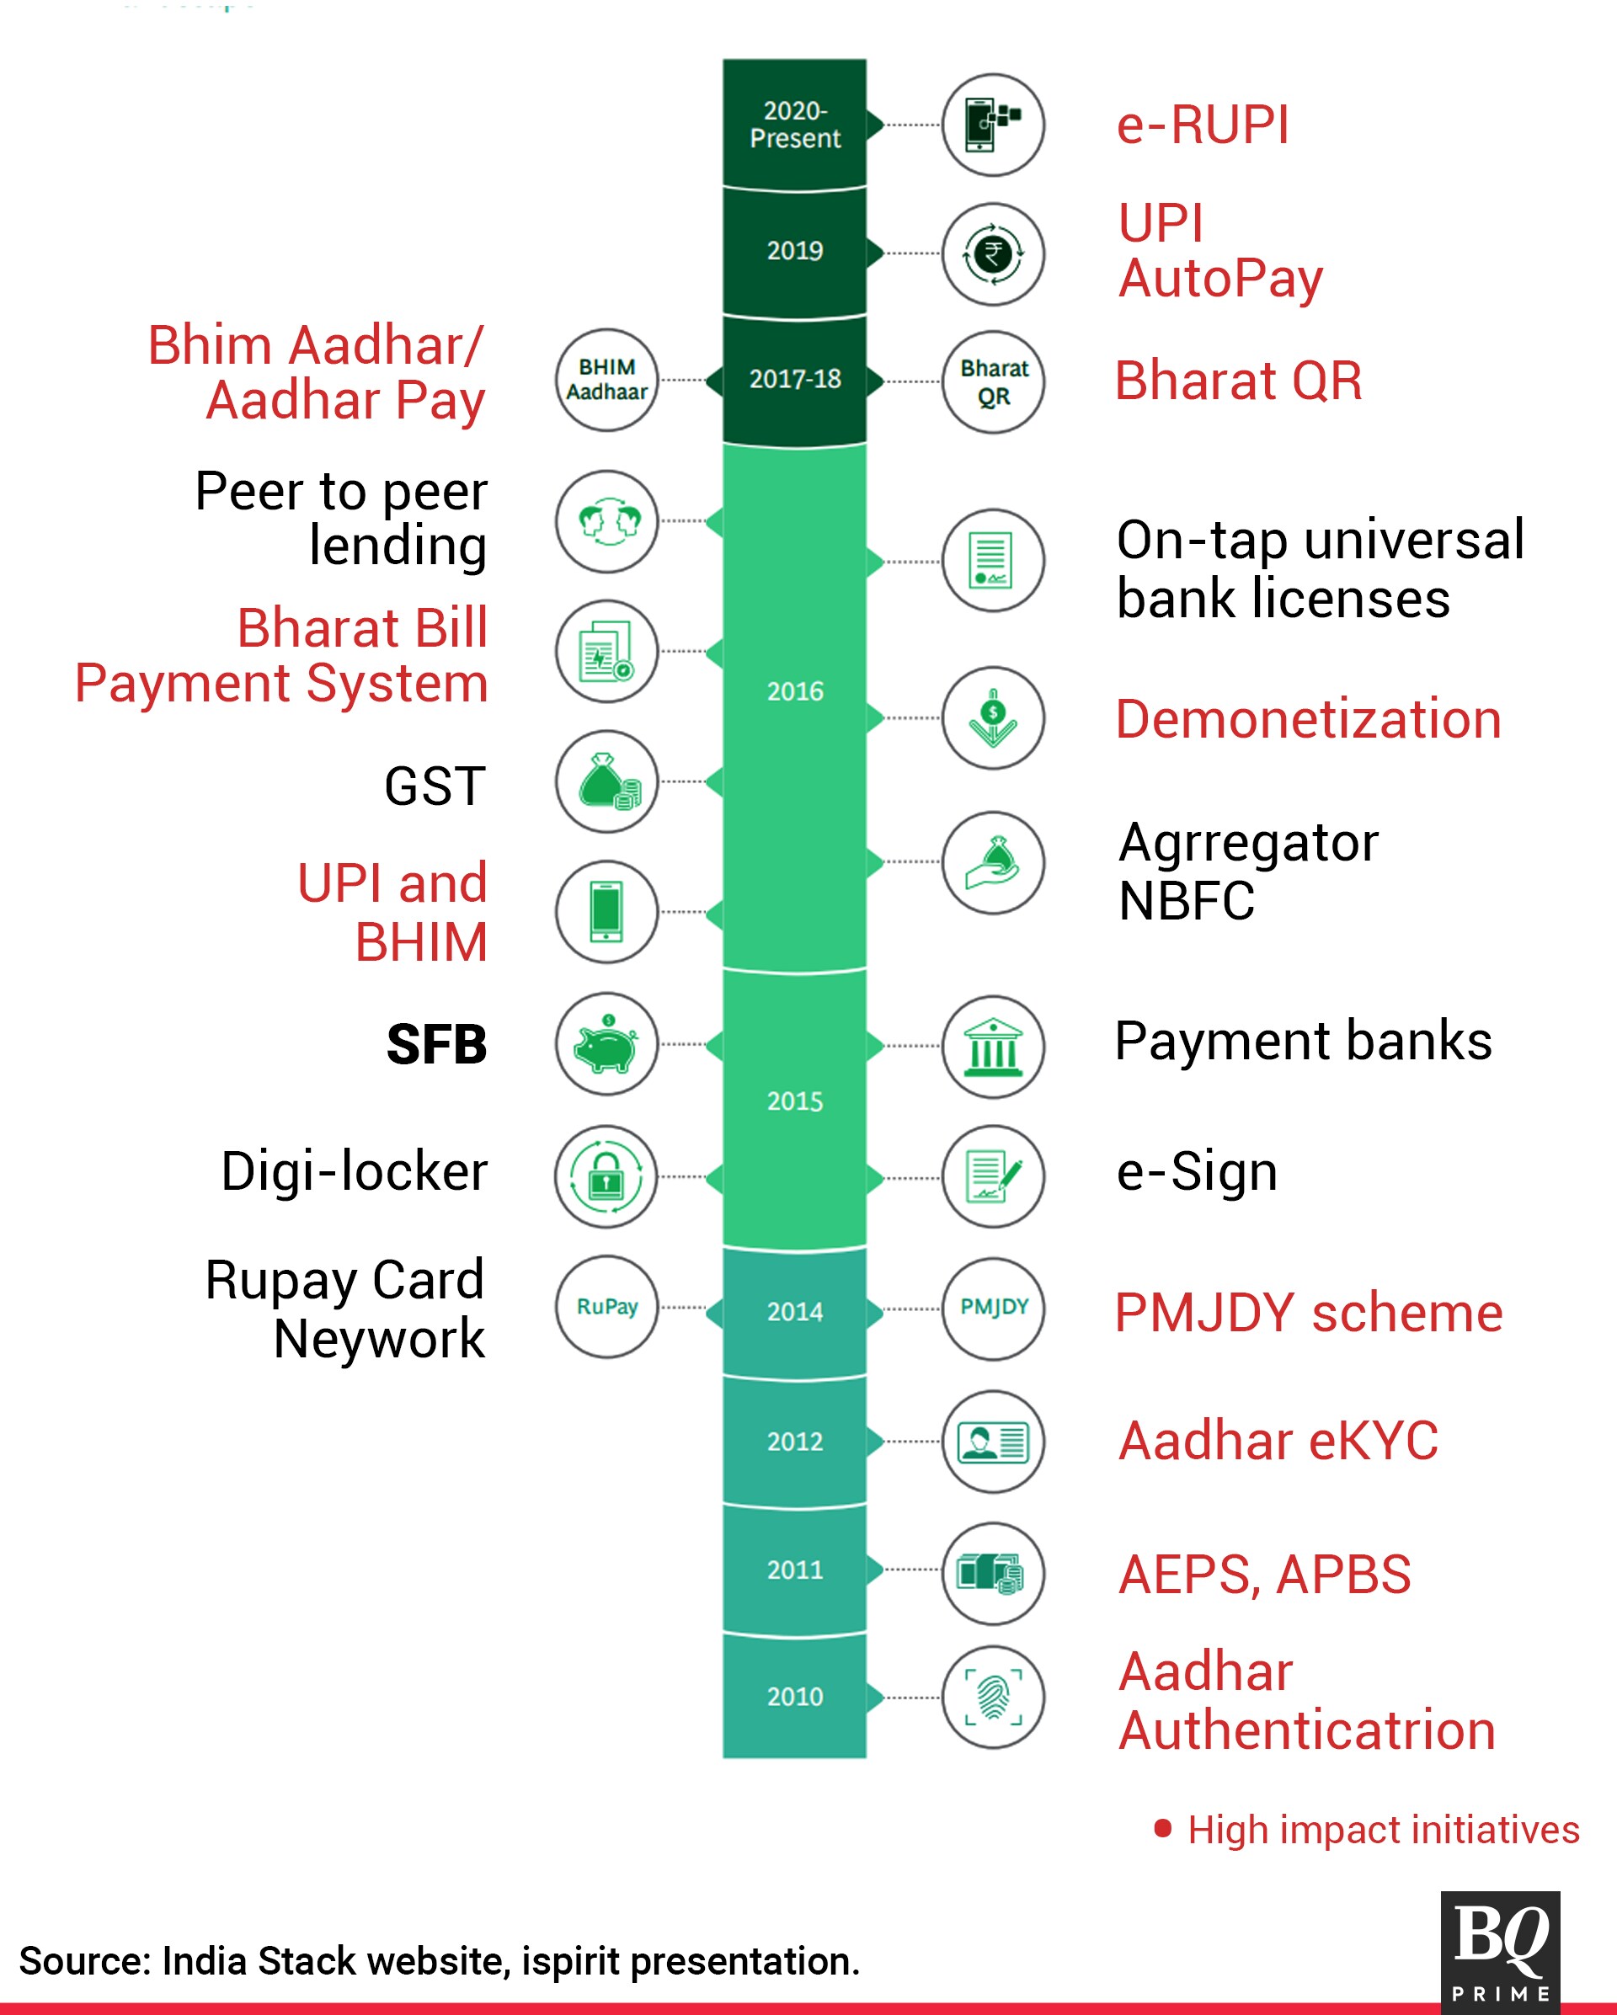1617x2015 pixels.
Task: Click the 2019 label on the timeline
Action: tap(794, 250)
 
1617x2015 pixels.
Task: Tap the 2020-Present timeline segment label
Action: tap(794, 125)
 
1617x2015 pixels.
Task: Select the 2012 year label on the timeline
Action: tap(794, 1442)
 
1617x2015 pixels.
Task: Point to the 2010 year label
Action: tap(794, 1697)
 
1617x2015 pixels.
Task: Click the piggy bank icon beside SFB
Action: tap(606, 1044)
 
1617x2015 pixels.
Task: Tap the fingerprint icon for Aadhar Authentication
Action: tap(993, 1697)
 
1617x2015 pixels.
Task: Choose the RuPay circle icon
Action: tap(606, 1306)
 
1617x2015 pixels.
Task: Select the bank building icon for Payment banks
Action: tap(993, 1046)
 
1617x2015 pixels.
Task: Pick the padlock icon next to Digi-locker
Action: tap(606, 1175)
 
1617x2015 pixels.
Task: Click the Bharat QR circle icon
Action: tap(993, 381)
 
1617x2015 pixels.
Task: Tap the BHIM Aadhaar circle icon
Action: tap(606, 380)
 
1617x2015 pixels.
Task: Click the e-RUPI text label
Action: tap(1203, 125)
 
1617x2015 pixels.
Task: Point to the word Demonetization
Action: tap(1309, 719)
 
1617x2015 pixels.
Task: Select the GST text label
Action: tap(435, 785)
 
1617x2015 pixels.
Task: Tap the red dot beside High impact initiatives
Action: tap(1163, 1828)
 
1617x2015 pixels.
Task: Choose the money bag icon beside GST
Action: tap(606, 781)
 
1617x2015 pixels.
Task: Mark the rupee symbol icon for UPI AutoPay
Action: tap(993, 253)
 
